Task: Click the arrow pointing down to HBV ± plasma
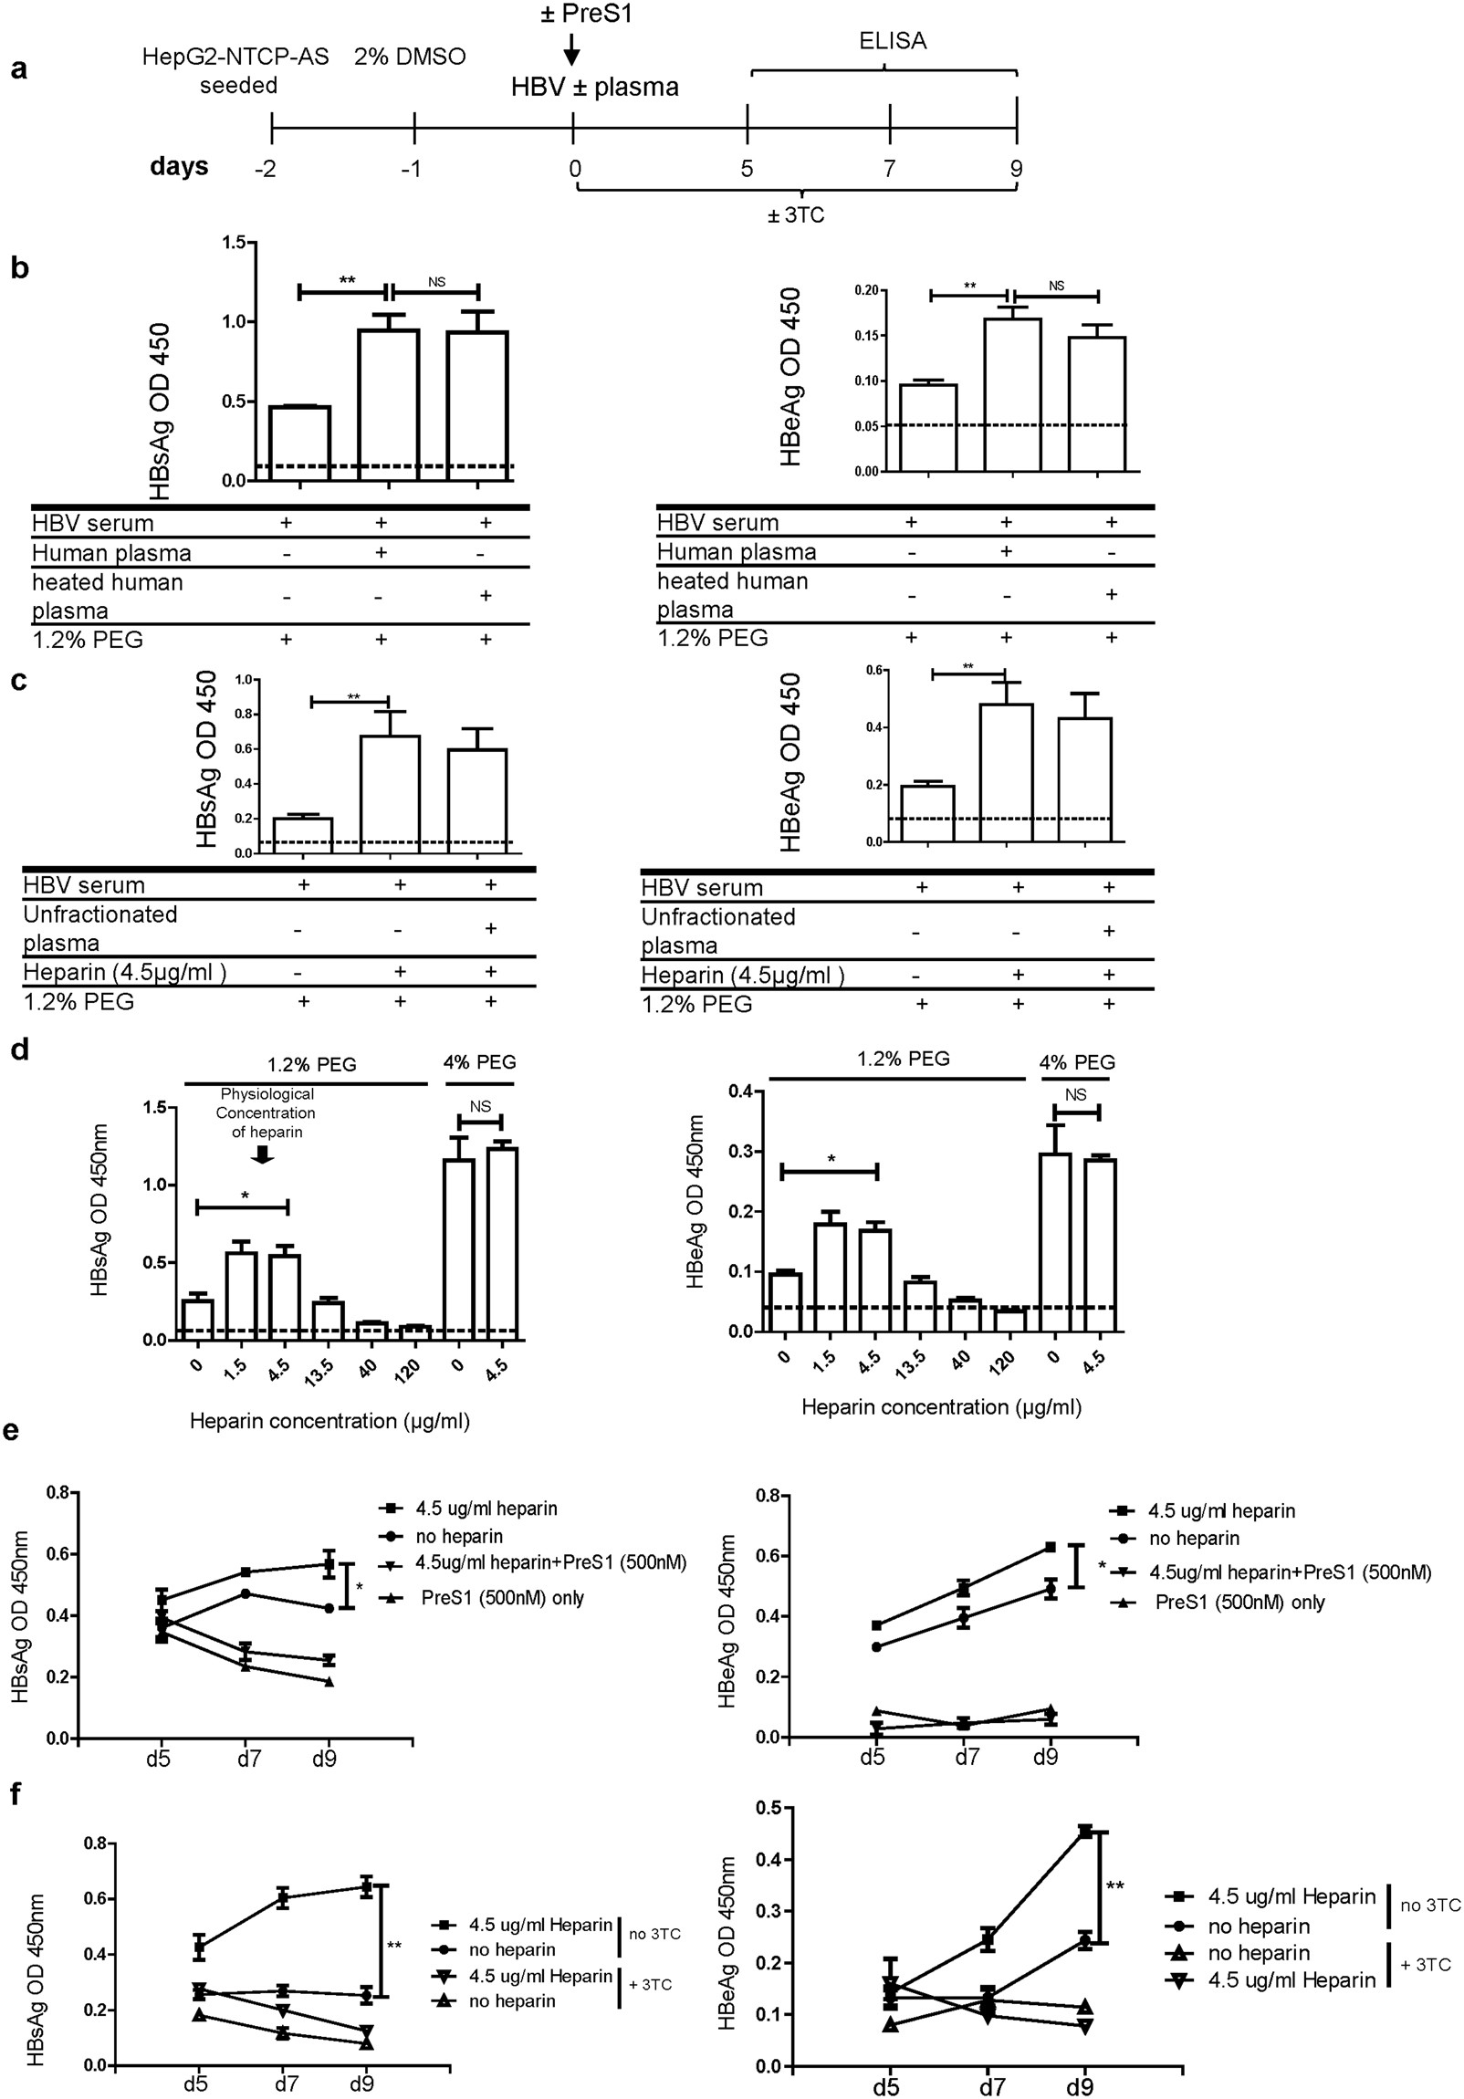pyautogui.click(x=571, y=50)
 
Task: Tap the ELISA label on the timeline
pyautogui.click(x=893, y=41)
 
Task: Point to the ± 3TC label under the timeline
pyautogui.click(x=796, y=215)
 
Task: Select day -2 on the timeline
pyautogui.click(x=267, y=169)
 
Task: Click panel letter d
pyautogui.click(x=18, y=1050)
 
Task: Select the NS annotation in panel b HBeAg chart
pyautogui.click(x=1056, y=286)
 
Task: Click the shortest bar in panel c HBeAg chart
pyautogui.click(x=928, y=814)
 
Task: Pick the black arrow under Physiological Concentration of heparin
pyautogui.click(x=264, y=1154)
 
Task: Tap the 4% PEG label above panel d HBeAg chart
pyautogui.click(x=1076, y=1062)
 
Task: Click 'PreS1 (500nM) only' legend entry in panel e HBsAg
pyautogui.click(x=502, y=1597)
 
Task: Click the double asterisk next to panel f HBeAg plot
pyautogui.click(x=1114, y=1885)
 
